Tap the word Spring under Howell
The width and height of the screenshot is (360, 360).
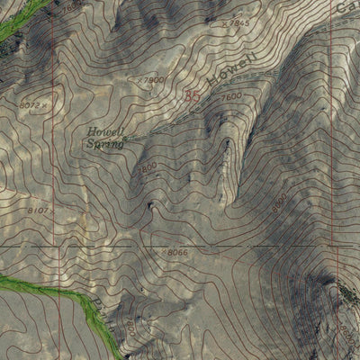click(x=105, y=143)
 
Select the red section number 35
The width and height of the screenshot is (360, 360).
click(x=191, y=94)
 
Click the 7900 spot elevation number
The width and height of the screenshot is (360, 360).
click(x=155, y=79)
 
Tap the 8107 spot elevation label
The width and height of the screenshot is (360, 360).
click(x=40, y=210)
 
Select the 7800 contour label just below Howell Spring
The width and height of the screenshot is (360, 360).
click(x=147, y=166)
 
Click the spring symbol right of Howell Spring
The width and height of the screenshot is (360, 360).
click(x=126, y=139)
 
